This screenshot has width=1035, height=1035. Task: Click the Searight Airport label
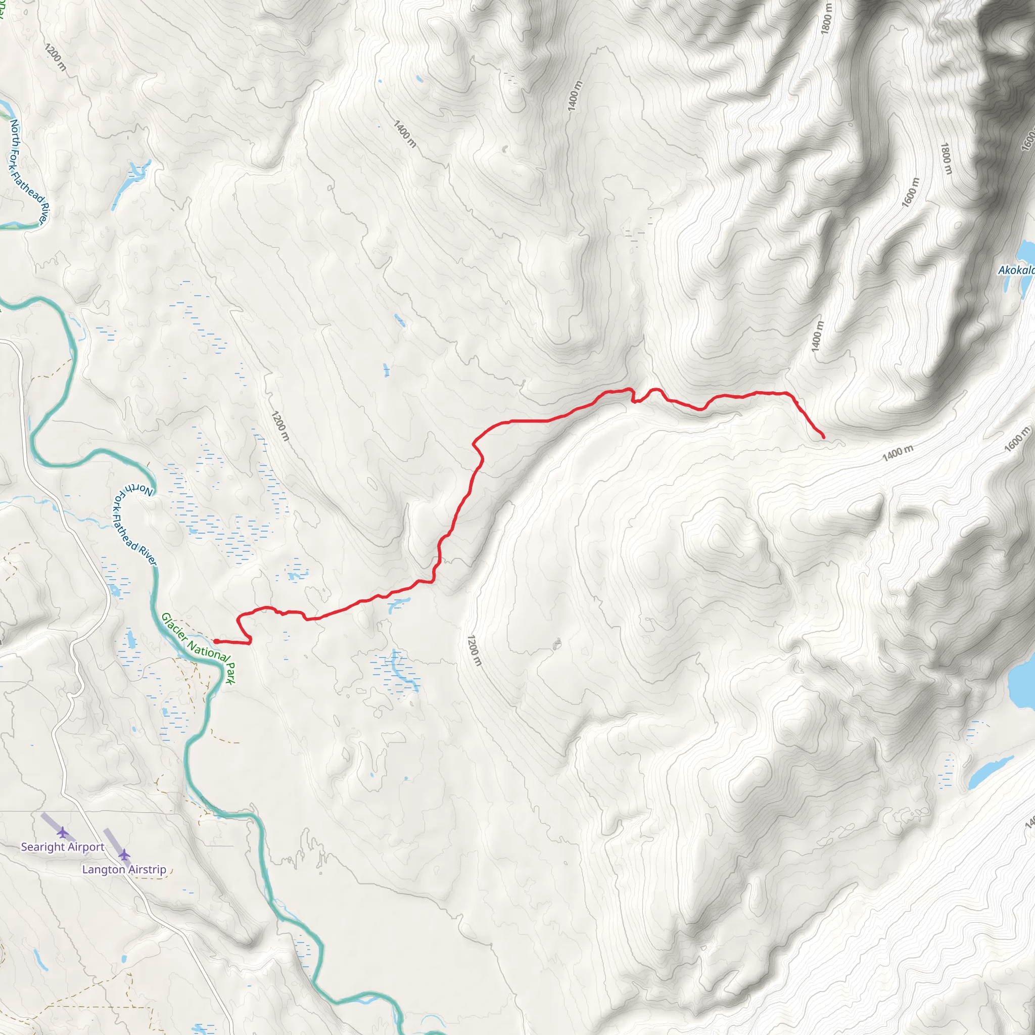click(63, 847)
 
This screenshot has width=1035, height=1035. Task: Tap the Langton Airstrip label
click(124, 869)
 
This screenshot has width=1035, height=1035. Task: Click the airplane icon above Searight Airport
click(63, 832)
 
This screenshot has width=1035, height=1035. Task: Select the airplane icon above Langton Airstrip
click(124, 855)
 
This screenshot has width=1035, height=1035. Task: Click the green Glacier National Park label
click(199, 649)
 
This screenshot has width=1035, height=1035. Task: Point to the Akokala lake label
click(1015, 270)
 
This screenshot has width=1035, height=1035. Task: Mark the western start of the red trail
click(215, 641)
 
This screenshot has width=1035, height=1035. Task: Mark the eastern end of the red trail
click(823, 438)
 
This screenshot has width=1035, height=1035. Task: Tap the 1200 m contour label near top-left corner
click(56, 57)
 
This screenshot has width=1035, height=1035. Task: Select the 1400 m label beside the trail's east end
click(898, 453)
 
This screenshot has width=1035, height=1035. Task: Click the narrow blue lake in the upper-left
click(127, 185)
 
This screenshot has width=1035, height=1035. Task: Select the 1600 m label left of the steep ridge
click(910, 192)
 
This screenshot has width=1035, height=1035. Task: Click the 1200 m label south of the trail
click(474, 650)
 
